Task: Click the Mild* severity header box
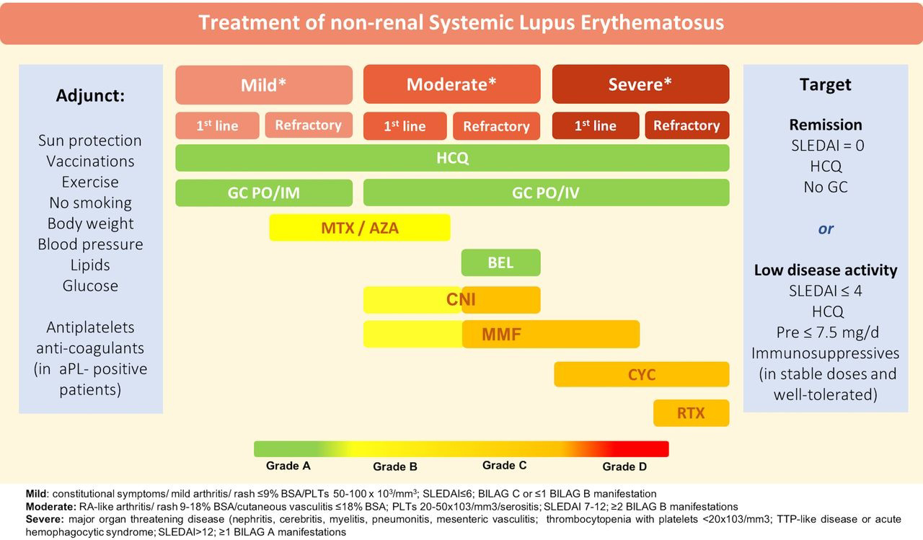264,85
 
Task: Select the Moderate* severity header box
451,84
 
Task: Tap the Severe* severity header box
640,84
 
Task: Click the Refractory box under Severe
687,125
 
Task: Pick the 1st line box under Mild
217,125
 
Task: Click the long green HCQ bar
452,158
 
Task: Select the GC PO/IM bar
264,192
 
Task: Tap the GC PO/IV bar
546,192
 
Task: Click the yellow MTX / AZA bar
360,227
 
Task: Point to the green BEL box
500,262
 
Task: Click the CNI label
461,299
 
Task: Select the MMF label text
501,335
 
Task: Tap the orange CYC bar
642,374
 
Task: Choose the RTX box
691,412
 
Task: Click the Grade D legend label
624,466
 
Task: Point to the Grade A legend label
288,466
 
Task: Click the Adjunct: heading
90,96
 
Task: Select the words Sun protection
90,141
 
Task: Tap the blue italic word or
826,229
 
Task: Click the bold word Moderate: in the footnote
50,506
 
